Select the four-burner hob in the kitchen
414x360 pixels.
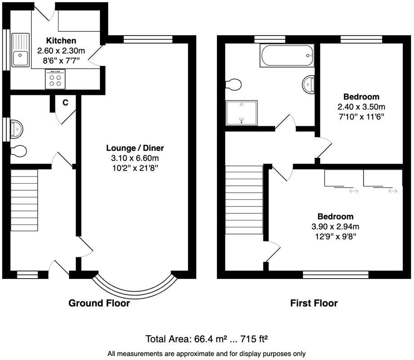pyautogui.click(x=55, y=80)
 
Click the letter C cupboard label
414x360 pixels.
pyautogui.click(x=65, y=103)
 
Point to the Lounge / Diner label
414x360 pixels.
pyautogui.click(x=135, y=148)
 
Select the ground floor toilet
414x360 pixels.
pyautogui.click(x=18, y=151)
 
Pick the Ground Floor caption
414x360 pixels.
pyautogui.click(x=99, y=303)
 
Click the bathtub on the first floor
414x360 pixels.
pyautogui.click(x=286, y=55)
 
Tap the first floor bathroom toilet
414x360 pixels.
pyautogui.click(x=234, y=84)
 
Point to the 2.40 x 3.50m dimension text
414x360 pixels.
pyautogui.click(x=361, y=107)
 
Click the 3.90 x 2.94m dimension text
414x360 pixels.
pyautogui.click(x=335, y=226)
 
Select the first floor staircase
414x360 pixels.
pyautogui.click(x=243, y=200)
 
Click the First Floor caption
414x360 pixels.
pyautogui.click(x=314, y=303)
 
